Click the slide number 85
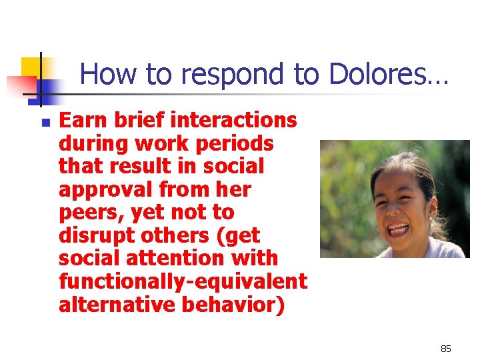click(x=445, y=349)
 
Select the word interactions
click(x=234, y=120)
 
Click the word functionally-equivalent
click(x=183, y=281)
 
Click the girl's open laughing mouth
click(x=399, y=229)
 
